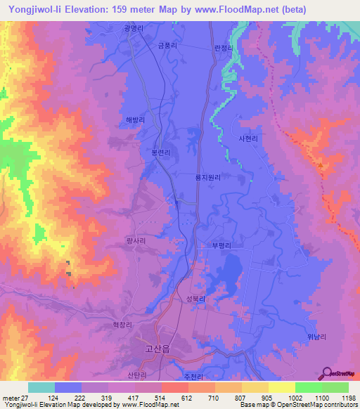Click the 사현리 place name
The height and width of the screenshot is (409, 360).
(x=249, y=138)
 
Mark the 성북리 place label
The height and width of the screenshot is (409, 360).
(x=195, y=299)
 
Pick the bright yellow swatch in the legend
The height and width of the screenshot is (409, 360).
(x=282, y=387)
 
